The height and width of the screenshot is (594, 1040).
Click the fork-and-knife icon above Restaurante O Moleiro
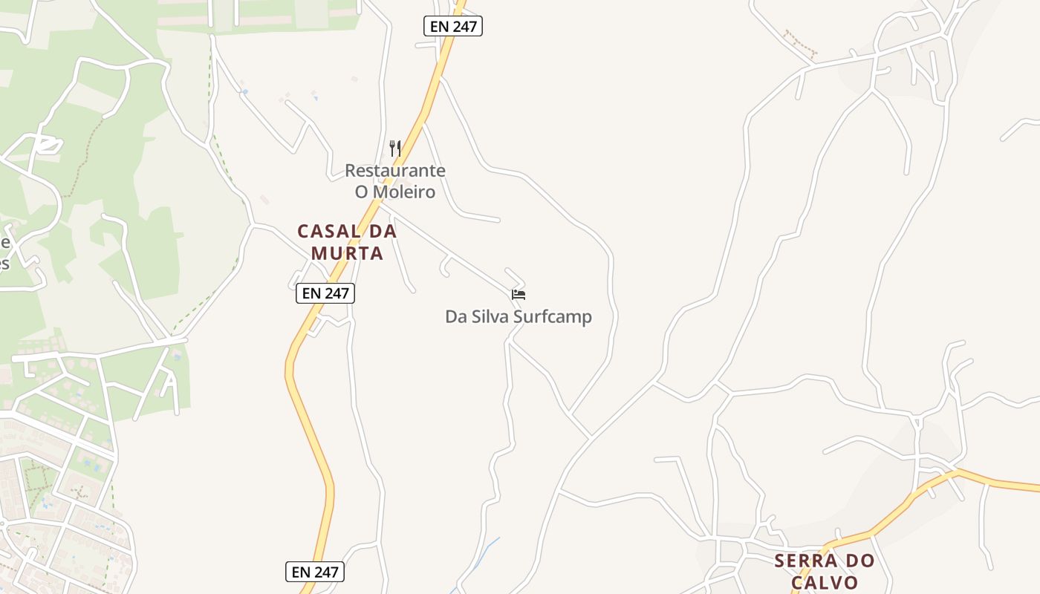pyautogui.click(x=395, y=148)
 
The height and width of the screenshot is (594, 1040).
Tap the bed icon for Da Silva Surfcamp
pyautogui.click(x=519, y=295)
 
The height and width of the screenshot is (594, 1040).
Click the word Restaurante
pyautogui.click(x=395, y=171)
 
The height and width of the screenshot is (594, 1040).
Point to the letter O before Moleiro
pyautogui.click(x=362, y=192)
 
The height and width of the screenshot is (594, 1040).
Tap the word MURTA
pyautogui.click(x=347, y=253)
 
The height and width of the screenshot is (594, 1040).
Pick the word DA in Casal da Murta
pyautogui.click(x=383, y=231)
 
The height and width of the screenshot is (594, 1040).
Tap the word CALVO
pyautogui.click(x=825, y=582)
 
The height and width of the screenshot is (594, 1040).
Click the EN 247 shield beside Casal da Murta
pyautogui.click(x=325, y=293)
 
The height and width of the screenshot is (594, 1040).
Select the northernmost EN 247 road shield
pyautogui.click(x=453, y=27)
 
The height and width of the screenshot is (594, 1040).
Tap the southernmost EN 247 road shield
pyautogui.click(x=315, y=572)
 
